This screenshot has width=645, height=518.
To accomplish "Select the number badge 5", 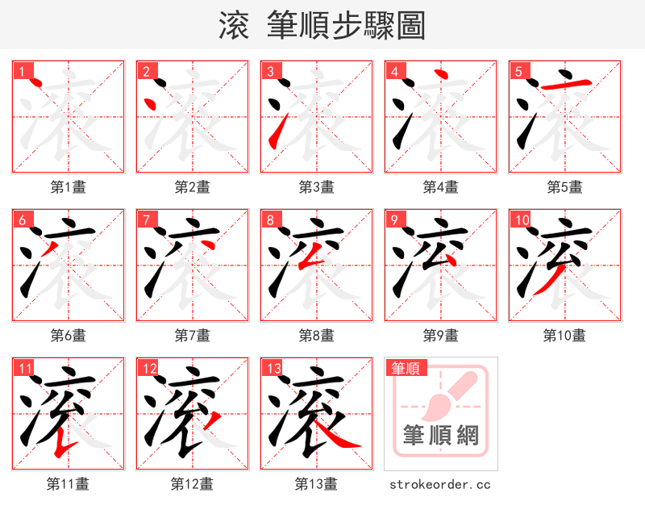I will click(519, 72).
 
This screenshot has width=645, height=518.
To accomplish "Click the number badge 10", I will click(522, 220).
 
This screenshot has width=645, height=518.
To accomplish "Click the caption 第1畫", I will click(69, 187).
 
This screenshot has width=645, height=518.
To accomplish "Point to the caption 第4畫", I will click(441, 187).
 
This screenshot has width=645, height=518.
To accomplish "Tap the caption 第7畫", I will click(193, 335).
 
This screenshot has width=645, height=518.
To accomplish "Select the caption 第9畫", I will click(441, 335).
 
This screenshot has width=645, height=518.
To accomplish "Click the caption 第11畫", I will click(69, 484).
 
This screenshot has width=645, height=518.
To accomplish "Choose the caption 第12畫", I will click(193, 484).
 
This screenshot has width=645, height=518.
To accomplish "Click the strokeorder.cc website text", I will click(440, 485).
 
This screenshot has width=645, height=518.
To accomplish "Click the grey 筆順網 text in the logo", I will click(440, 437).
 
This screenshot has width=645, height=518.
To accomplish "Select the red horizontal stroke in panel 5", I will click(564, 83).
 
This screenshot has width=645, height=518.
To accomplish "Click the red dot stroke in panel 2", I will click(149, 103).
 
